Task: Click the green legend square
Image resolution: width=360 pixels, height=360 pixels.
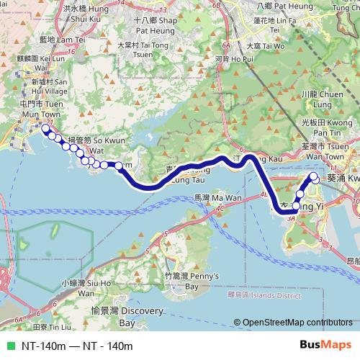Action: [x=9, y=346]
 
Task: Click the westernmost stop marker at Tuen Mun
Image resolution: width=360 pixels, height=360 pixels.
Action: [x=45, y=129]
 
